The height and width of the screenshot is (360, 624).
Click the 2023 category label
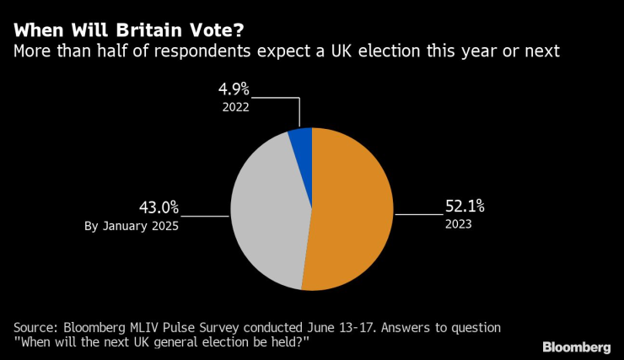tap(459, 225)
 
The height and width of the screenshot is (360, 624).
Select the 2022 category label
tap(236, 107)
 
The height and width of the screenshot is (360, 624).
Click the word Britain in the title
tap(137, 30)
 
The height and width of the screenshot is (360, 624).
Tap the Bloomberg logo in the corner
tap(576, 347)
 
